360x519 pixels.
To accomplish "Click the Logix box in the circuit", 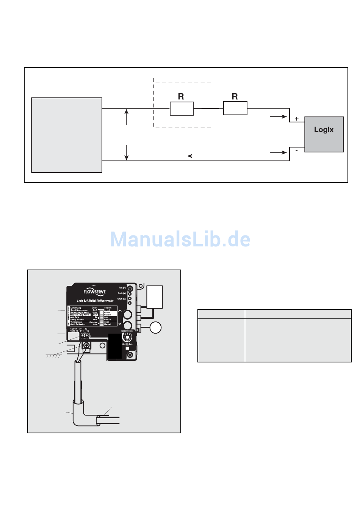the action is coord(324,134).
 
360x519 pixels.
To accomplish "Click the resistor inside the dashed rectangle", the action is coord(182,108).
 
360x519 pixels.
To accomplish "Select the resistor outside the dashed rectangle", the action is coord(235,108).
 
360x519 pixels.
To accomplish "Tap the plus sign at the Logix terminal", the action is coord(296,119).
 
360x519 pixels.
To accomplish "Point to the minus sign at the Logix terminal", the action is coord(296,151).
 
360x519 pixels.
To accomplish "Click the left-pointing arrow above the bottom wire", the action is coord(196,156).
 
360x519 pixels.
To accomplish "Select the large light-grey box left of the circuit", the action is coord(67,135).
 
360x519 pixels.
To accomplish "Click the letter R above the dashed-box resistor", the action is coord(181,97).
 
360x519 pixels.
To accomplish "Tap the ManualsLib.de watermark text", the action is coord(180,239).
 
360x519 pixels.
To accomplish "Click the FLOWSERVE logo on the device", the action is coord(94,292).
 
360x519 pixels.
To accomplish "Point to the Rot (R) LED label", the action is coord(122,288).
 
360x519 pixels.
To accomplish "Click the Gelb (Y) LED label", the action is coord(122,293).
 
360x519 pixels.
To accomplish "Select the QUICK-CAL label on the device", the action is coord(127,344).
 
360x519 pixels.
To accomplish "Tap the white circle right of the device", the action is coord(155,327).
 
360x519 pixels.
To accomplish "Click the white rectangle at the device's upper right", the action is coord(155,297).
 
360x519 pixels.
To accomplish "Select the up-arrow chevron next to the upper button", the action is coord(120,311).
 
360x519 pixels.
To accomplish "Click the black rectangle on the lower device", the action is coord(115,346).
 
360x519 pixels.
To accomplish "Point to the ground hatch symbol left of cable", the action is coord(53,356).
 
